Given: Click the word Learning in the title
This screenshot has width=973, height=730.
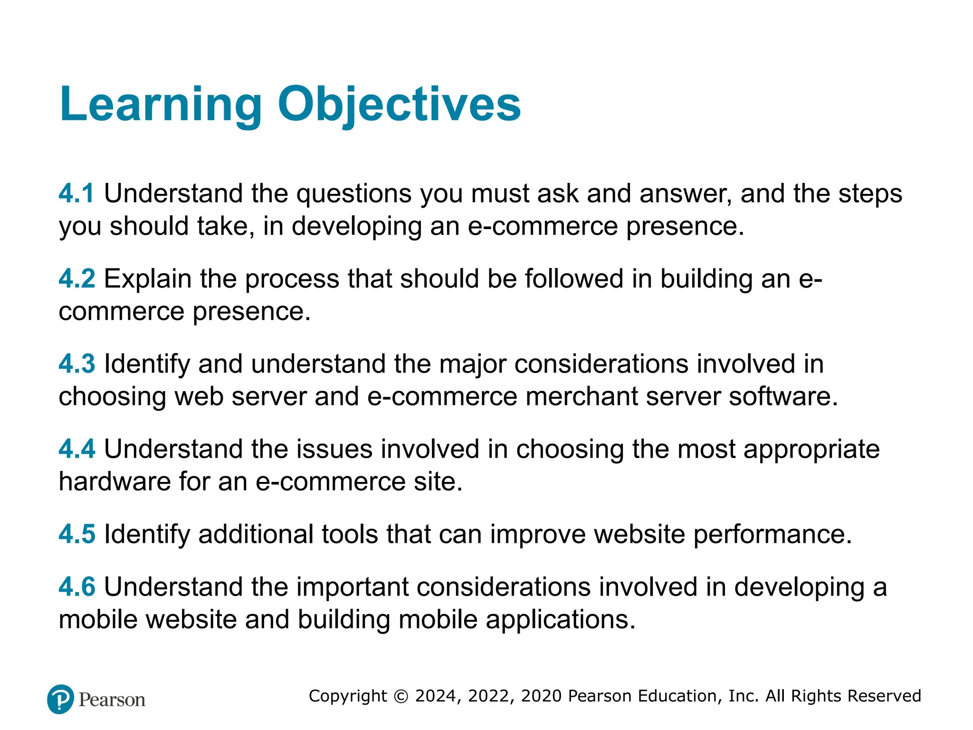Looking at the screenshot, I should coord(161,105).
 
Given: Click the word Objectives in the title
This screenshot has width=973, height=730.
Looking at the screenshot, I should coord(399,105).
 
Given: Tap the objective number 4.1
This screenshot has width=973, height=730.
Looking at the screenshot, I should coord(76,194).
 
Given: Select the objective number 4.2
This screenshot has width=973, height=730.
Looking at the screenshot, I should coord(76,279).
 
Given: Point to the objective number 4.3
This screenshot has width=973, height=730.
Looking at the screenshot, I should coord(76,364).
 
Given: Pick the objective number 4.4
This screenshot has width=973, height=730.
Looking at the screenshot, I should coord(76,449).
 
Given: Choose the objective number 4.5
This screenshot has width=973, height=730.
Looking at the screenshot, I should coord(76,534).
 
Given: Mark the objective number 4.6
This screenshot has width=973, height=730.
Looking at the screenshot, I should coord(76,587).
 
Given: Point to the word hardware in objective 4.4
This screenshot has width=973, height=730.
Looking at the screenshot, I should coord(114,482).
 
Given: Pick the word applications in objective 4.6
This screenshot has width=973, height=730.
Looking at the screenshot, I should coord(560,620).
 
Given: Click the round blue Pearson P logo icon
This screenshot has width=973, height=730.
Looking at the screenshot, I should coord(61,699).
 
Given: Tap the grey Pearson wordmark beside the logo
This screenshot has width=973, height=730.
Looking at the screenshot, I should coord(112,700).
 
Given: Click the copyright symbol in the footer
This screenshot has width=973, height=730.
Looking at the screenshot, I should coord(401,696).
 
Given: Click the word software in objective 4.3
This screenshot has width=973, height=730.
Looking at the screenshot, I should coord(783,397).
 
